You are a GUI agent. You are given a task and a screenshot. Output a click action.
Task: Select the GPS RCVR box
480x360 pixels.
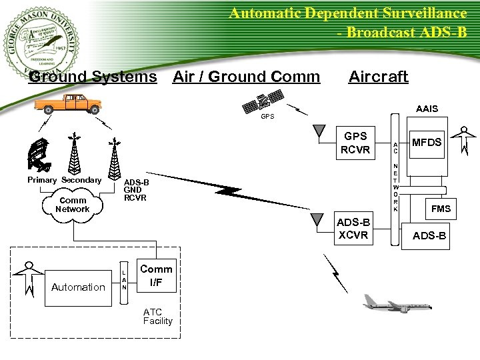click(x=355, y=143)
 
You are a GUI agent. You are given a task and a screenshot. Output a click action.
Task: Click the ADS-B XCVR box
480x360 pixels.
click(x=353, y=229)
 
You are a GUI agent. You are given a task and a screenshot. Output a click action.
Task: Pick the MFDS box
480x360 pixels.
click(x=426, y=143)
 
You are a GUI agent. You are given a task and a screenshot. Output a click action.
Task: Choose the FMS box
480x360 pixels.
click(x=441, y=209)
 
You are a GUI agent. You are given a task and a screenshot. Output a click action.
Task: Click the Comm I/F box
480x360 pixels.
click(x=156, y=275)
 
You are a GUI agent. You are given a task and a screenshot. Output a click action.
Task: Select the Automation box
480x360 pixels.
click(x=78, y=287)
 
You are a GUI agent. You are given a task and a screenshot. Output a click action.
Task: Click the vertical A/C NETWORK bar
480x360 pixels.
click(x=395, y=177)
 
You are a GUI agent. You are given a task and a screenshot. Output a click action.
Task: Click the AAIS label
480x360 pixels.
click(x=427, y=109)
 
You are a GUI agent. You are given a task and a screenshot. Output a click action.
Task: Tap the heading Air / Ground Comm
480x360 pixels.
click(x=246, y=77)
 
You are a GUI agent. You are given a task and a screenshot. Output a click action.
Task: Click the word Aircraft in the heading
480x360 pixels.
click(x=378, y=77)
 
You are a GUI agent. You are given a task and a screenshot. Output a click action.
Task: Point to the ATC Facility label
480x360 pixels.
click(x=157, y=317)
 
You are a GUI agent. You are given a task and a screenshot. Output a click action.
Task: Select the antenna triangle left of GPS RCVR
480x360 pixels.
click(x=319, y=133)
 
